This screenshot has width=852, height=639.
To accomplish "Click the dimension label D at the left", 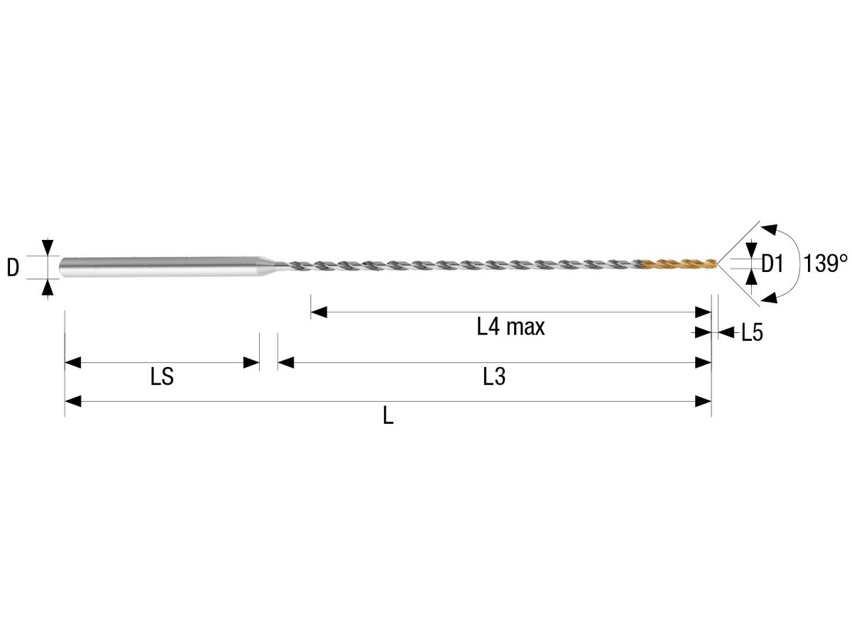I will [13, 267].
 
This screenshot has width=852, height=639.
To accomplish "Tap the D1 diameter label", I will [772, 265].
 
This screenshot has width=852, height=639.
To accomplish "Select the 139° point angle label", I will [826, 265].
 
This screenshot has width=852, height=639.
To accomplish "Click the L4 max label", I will [510, 327].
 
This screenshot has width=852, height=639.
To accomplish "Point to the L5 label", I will [752, 332].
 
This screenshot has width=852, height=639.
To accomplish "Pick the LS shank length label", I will [162, 377].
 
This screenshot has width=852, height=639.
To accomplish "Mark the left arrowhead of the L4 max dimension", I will [318, 312].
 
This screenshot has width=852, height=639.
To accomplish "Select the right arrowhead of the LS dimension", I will [251, 363].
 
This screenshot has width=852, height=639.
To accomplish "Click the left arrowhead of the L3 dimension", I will [285, 363].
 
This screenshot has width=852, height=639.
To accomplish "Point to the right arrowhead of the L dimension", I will [704, 402].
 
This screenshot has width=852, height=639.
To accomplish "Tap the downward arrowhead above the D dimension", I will [47, 248].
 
